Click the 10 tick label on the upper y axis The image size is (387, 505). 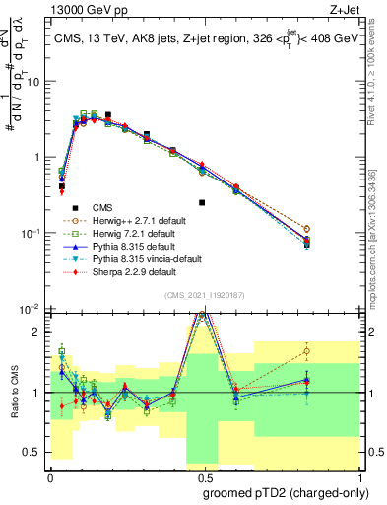click(x=32, y=82)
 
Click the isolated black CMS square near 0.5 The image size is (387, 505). click(x=202, y=202)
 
